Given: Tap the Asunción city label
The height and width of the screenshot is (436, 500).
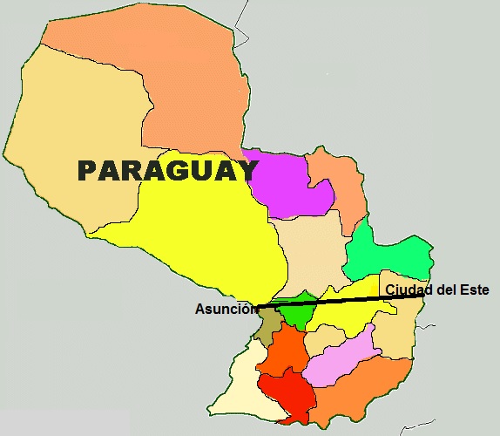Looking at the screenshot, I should coord(222,309).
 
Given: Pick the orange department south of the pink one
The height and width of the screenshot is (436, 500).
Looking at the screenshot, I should coord(366,392).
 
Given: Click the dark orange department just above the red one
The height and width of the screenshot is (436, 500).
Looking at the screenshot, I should coord(283,353).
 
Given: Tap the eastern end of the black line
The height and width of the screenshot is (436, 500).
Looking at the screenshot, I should coord(423,296).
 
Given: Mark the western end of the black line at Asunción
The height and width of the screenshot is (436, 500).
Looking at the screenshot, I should coord(259,306).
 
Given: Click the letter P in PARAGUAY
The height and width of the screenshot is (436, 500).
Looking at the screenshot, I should coord(89,170).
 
